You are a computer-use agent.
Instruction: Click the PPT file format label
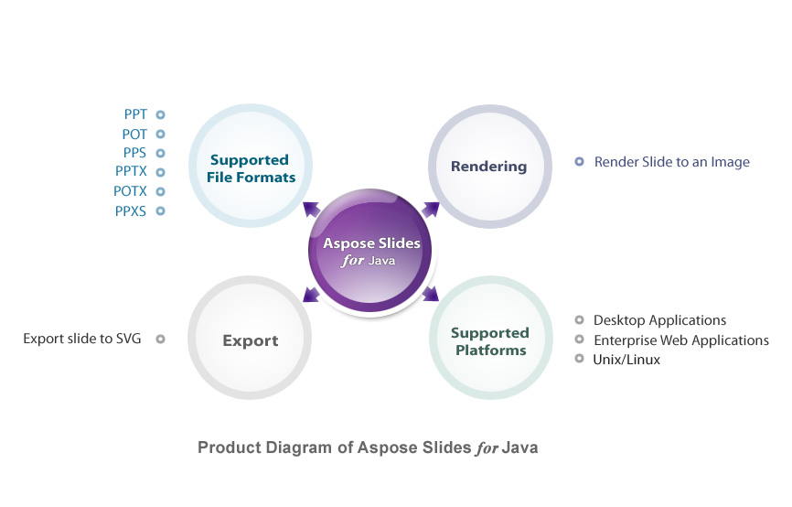pos(135,114)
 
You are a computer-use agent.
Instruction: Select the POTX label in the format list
pos(130,191)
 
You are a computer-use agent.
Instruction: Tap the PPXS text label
pos(130,210)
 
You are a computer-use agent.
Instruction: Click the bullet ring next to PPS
pos(160,153)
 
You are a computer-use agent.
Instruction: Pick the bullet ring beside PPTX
pos(160,172)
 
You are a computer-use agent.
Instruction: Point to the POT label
pos(134,135)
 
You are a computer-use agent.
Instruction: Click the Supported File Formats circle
pos(251,166)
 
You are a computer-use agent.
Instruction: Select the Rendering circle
pos(490,167)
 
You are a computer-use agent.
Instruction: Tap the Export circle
pos(250,338)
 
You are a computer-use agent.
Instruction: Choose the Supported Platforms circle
pos(491,338)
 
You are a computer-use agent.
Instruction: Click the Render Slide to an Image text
pos(672,162)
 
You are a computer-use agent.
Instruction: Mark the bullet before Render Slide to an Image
pos(579,162)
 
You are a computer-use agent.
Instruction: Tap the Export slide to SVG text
pos(81,339)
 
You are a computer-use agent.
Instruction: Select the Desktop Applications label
pos(659,320)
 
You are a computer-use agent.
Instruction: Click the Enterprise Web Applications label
pos(681,340)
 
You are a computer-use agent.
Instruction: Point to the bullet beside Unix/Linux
pos(579,359)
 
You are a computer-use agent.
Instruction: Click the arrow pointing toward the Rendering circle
pos(431,210)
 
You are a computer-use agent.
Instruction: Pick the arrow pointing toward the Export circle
pos(312,294)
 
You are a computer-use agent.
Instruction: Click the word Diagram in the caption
pos(299,448)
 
